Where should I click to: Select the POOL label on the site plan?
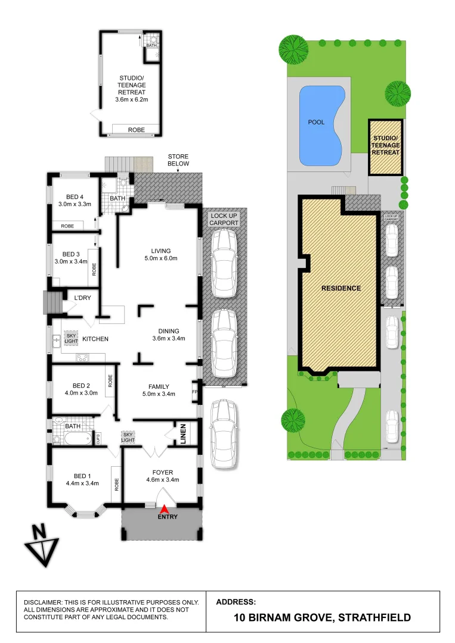tap(316, 122)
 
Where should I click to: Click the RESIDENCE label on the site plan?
tap(341, 288)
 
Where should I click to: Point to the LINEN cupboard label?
tap(184, 433)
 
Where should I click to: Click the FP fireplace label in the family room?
tap(195, 392)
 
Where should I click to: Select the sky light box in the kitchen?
tap(72, 338)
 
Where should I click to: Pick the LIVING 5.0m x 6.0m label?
tap(161, 254)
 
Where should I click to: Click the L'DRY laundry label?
tap(82, 298)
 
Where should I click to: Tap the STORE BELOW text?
tap(178, 160)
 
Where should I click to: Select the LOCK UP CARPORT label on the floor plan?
tap(224, 219)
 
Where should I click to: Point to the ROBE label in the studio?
tap(136, 129)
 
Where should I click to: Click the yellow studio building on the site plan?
tap(385, 147)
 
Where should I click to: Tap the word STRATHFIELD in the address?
tap(374, 617)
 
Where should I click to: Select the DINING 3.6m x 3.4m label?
tap(169, 335)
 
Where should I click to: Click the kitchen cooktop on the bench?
tap(82, 358)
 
